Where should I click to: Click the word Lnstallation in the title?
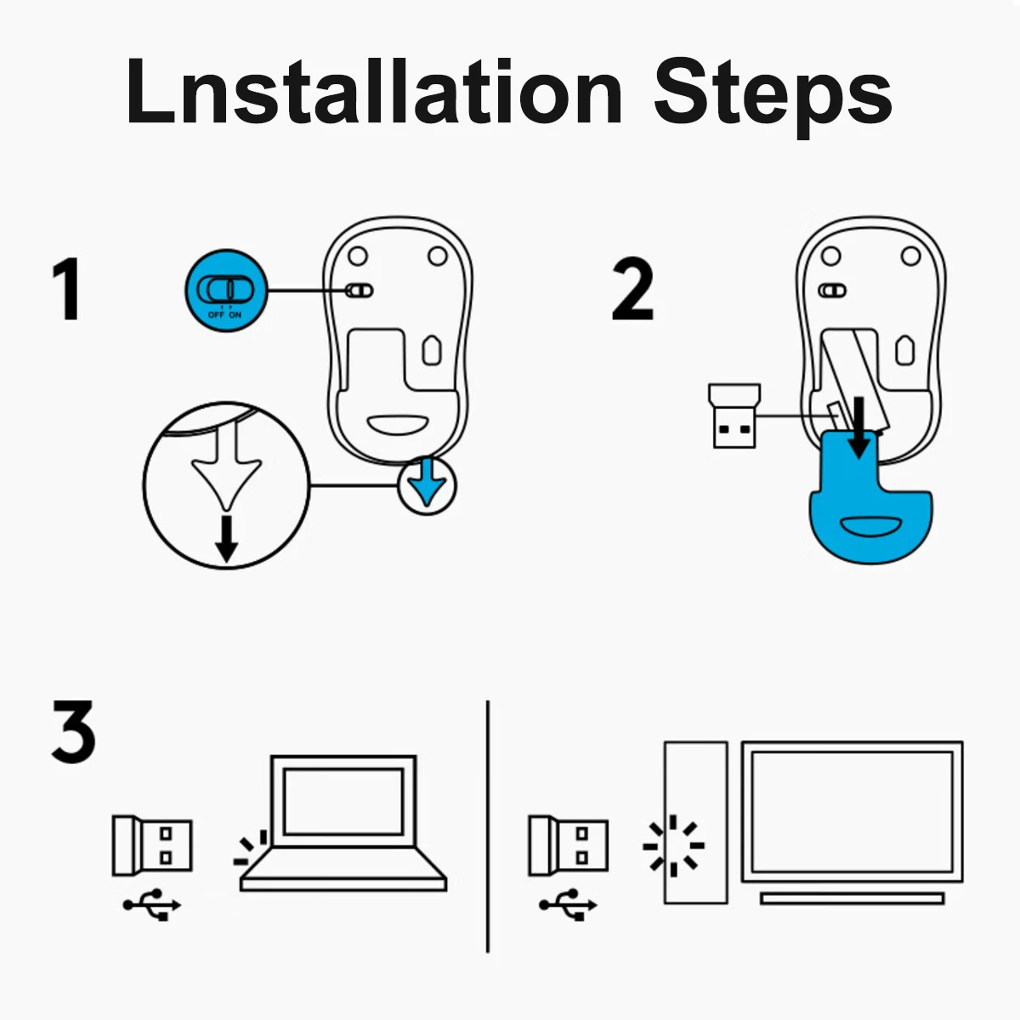[x=374, y=90]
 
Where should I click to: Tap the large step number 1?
[x=66, y=289]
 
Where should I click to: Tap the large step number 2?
[x=632, y=289]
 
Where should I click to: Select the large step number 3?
[x=73, y=731]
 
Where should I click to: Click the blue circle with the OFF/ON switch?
[x=227, y=291]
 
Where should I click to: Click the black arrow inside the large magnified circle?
[x=227, y=538]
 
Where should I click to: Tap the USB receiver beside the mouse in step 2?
[x=734, y=416]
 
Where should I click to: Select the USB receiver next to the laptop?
[x=152, y=845]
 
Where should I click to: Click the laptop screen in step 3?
[x=343, y=802]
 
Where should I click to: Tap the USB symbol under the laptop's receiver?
[x=152, y=904]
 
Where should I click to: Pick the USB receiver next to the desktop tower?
[x=569, y=845]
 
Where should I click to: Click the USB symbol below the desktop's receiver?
[x=568, y=904]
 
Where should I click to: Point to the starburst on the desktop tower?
[x=673, y=846]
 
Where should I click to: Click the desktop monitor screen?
[x=853, y=812]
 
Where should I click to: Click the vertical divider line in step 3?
[x=488, y=827]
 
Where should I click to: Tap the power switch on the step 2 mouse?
[x=832, y=291]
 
